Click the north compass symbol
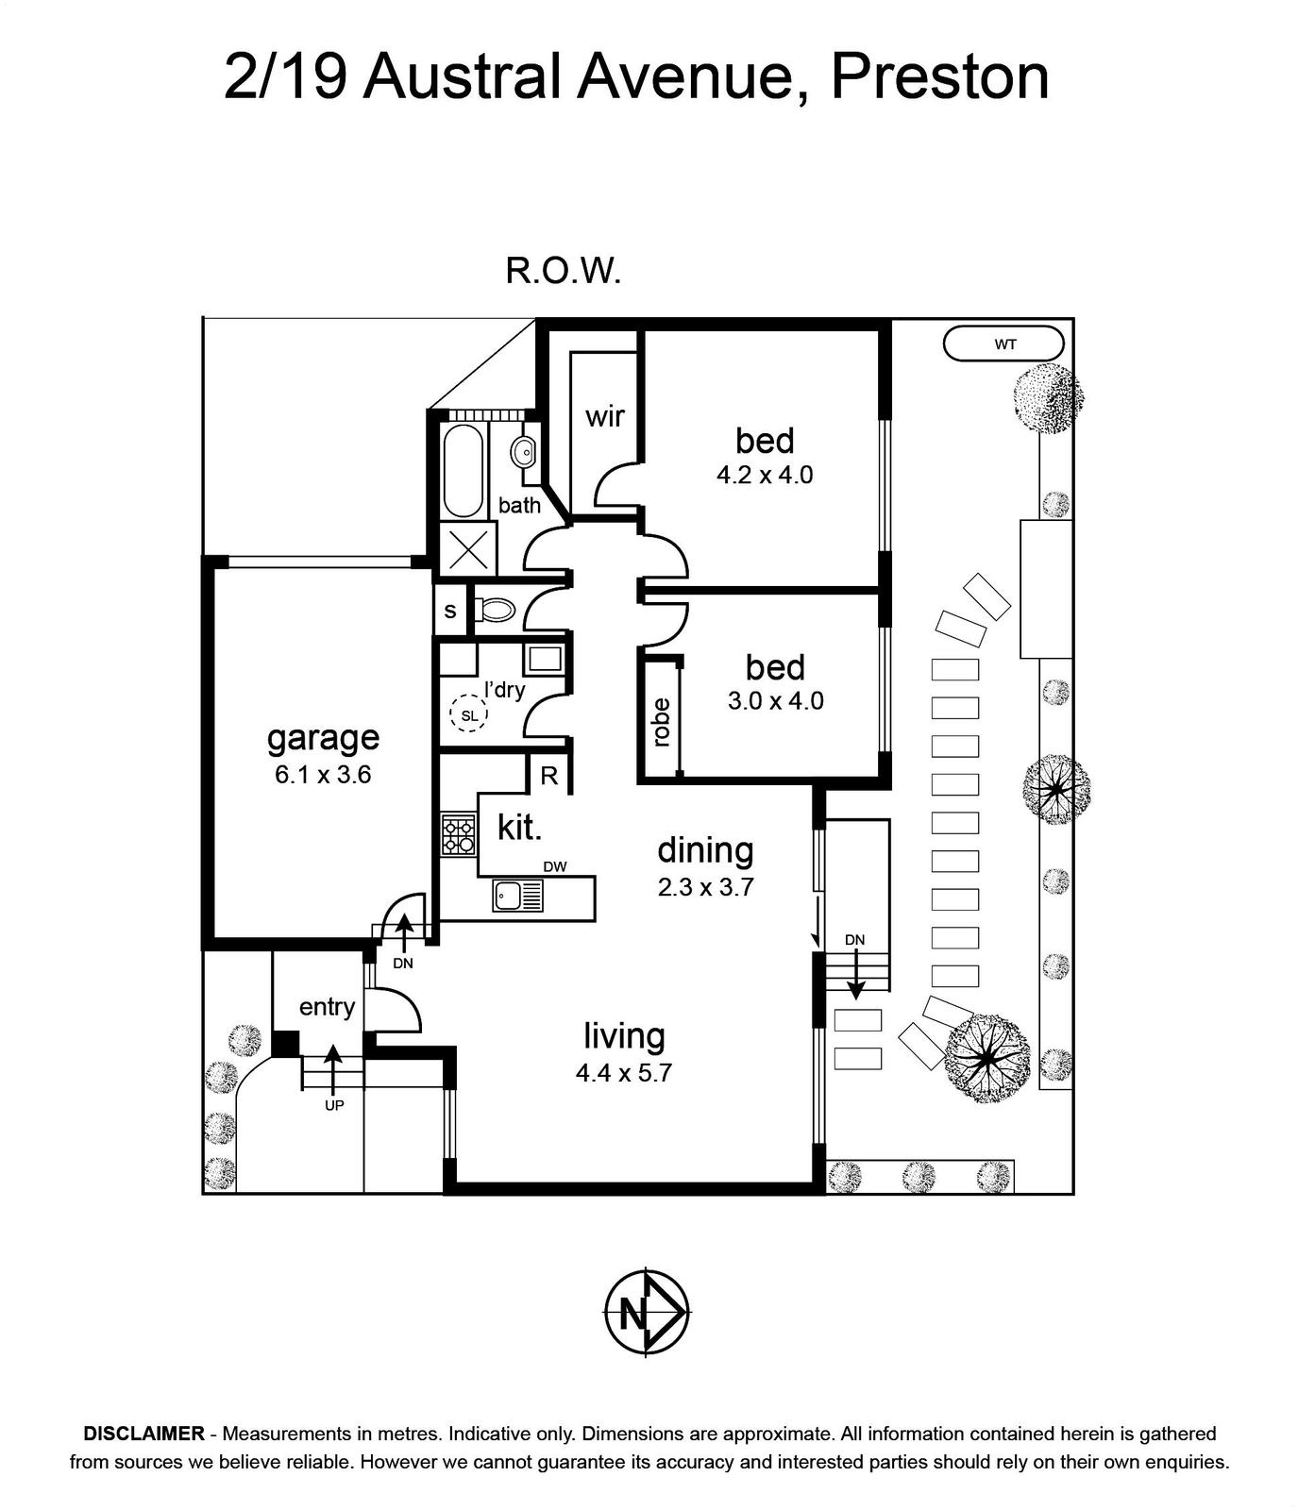tap(647, 1311)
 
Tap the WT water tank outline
tap(1003, 344)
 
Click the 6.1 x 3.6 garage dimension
tap(323, 775)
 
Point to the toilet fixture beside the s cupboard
tap(494, 610)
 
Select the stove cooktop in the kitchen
tap(459, 835)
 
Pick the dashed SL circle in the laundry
tap(469, 714)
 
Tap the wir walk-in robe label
tap(604, 416)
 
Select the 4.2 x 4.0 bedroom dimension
tap(765, 475)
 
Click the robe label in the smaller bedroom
tap(661, 722)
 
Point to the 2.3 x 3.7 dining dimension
tap(706, 887)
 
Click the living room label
tap(624, 1035)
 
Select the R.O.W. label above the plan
tap(564, 273)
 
